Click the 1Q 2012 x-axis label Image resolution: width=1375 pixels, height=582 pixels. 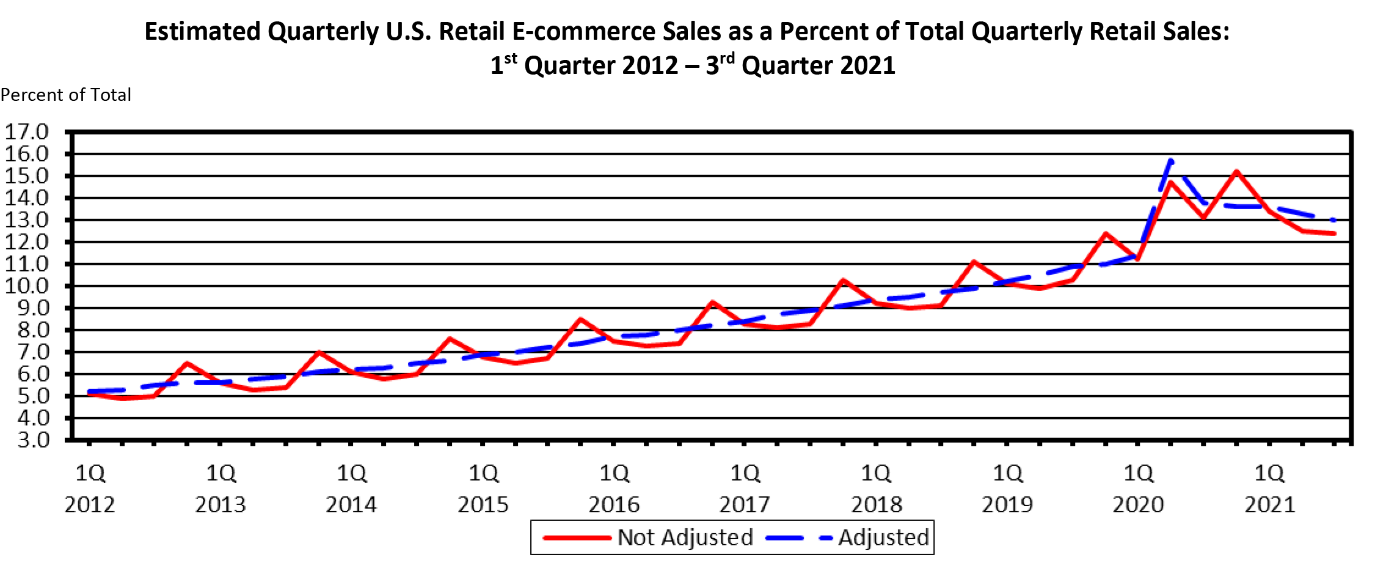pyautogui.click(x=90, y=488)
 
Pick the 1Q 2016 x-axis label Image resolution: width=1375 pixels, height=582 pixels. pyautogui.click(x=613, y=488)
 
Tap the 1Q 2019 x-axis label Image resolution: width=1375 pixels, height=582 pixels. pyautogui.click(x=1007, y=488)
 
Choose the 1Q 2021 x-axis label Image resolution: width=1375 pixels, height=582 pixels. pyautogui.click(x=1269, y=488)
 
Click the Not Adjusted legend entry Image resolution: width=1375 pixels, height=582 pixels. pyautogui.click(x=685, y=537)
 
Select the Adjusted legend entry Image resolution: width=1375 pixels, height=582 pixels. pyautogui.click(x=883, y=537)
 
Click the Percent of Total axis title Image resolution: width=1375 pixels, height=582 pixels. pyautogui.click(x=66, y=95)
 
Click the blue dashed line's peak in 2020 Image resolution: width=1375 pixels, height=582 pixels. pyautogui.click(x=1171, y=160)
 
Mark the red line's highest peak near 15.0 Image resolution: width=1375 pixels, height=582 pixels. pyautogui.click(x=1236, y=171)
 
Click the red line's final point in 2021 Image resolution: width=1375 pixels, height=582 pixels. pyautogui.click(x=1335, y=234)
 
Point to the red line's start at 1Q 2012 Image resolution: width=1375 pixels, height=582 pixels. pyautogui.click(x=89, y=394)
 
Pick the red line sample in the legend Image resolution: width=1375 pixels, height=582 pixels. pyautogui.click(x=577, y=538)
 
